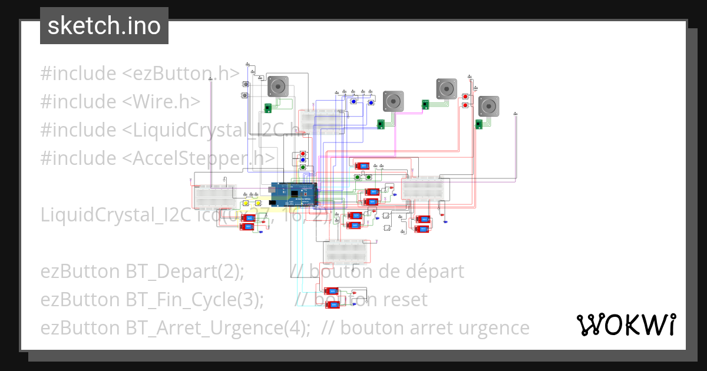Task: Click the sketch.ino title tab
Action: [x=104, y=26]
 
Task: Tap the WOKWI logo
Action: [x=626, y=324]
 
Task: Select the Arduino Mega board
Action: [x=293, y=194]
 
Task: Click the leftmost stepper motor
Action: [x=277, y=87]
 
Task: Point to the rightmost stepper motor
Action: [x=488, y=107]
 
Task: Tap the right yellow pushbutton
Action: [x=257, y=204]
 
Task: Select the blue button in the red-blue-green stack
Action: [x=303, y=160]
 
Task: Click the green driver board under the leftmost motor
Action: [x=267, y=108]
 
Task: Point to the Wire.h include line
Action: [x=120, y=102]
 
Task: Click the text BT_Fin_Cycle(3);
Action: [x=194, y=300]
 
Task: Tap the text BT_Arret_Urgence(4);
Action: [x=218, y=327]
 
